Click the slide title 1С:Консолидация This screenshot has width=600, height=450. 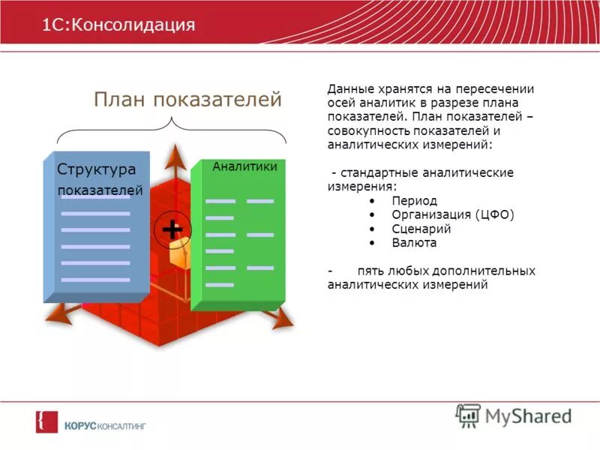click(x=118, y=25)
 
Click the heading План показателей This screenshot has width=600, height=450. click(x=187, y=100)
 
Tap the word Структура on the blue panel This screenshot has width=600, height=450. click(x=96, y=169)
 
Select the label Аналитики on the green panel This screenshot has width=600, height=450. click(x=244, y=166)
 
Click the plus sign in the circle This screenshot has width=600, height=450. click(x=172, y=229)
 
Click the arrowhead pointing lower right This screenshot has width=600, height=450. click(x=283, y=320)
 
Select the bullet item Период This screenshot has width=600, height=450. click(x=414, y=201)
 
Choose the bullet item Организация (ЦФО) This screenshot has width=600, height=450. click(x=452, y=215)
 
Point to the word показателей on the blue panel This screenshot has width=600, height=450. click(x=100, y=190)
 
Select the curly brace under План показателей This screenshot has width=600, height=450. click(x=172, y=133)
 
